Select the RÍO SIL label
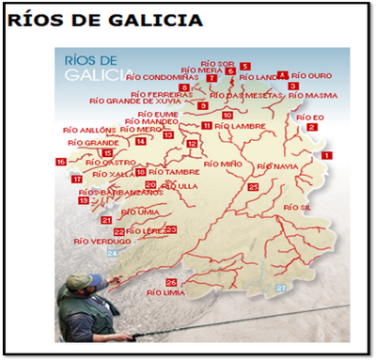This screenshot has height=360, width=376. [297, 206]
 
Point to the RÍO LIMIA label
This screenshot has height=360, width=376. [165, 292]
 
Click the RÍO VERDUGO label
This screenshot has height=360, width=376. [102, 241]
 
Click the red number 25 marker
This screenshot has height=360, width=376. [254, 187]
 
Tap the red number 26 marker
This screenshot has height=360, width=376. [171, 282]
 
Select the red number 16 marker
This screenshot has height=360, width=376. [61, 162]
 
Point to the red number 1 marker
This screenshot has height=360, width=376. [326, 154]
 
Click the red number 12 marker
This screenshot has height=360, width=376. [192, 144]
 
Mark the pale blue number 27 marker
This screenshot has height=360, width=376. [280, 288]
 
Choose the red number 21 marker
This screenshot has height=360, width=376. [106, 220]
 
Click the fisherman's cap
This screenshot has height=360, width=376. [80, 281]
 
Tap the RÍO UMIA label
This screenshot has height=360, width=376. [141, 211]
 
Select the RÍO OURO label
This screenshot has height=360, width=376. [312, 75]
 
